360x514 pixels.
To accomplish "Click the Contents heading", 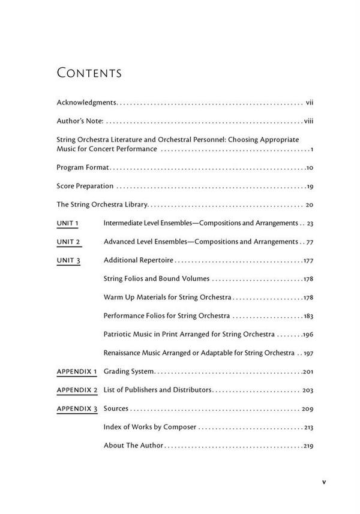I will [x=89, y=73].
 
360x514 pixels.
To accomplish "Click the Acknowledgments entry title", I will [x=86, y=103].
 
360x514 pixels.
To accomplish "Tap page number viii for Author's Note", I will [x=309, y=121].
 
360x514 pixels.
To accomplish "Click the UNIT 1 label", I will [x=68, y=223].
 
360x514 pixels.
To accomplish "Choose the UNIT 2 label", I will [x=68, y=242].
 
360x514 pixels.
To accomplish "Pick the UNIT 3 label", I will [x=68, y=260].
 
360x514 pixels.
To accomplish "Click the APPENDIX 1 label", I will [x=77, y=372].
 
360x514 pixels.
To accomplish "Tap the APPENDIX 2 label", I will [x=77, y=390].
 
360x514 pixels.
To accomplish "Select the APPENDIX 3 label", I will [x=77, y=408].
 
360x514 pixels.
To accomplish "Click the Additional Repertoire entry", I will [x=138, y=260].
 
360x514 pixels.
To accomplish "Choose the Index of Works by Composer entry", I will [x=150, y=427].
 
